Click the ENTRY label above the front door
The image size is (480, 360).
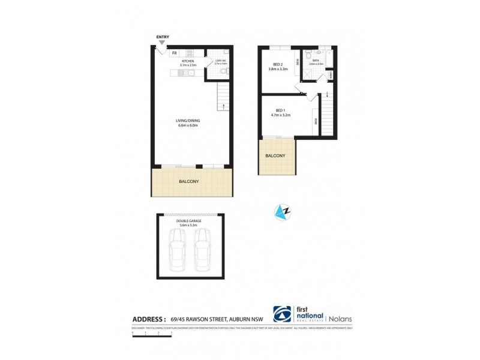coord(162,37)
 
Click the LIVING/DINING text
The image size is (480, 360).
coord(189,121)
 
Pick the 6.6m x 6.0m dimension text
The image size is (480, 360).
coord(189,126)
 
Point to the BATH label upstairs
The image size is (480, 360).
coord(316,59)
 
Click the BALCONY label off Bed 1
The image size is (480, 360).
coord(276,156)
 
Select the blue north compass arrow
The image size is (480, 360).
coord(281,211)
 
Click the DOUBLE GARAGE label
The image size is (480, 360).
coord(189,221)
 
